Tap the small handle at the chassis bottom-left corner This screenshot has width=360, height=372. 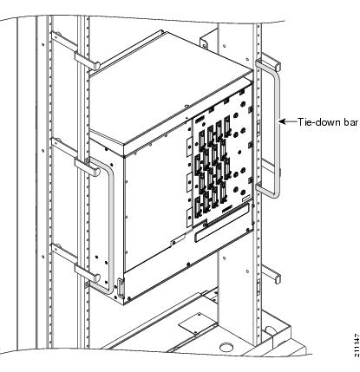(x=120, y=284)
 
